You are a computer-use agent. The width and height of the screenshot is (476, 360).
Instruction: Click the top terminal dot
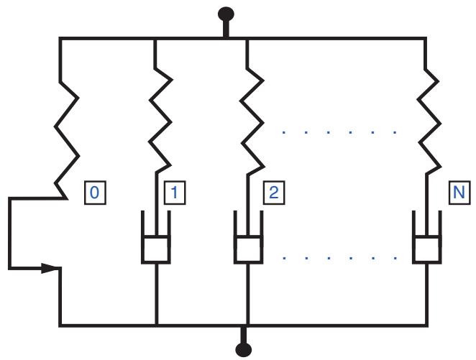click(x=226, y=14)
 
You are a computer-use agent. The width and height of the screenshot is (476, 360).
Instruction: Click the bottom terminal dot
click(x=244, y=349)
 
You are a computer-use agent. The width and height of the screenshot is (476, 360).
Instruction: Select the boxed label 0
click(x=95, y=193)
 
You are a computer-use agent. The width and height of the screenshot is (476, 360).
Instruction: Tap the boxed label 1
click(x=175, y=193)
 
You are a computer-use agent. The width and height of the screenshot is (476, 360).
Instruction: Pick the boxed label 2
click(x=273, y=193)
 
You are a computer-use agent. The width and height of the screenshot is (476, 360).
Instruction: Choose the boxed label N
click(x=459, y=193)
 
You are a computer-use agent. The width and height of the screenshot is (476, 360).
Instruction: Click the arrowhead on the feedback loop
click(x=50, y=268)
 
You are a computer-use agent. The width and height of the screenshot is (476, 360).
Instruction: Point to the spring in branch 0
click(x=67, y=139)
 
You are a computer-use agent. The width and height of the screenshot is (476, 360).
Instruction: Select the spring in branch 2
click(x=252, y=121)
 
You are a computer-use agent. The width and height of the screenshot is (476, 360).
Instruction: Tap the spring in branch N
click(x=429, y=121)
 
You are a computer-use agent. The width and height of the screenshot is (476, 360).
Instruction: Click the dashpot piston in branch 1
click(x=156, y=249)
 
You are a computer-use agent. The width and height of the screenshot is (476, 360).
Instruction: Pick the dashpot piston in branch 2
click(x=248, y=249)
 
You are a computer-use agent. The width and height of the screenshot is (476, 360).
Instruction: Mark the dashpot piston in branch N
click(x=427, y=249)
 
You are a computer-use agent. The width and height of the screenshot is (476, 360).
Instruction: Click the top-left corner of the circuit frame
click(x=60, y=39)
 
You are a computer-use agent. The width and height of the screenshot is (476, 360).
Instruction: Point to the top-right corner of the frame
click(x=426, y=39)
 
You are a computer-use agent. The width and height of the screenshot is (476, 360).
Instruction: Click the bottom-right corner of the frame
click(x=427, y=326)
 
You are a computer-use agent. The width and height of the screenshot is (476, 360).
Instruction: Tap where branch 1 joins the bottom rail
click(x=156, y=326)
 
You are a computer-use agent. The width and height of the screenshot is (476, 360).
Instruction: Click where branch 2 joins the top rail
click(x=247, y=39)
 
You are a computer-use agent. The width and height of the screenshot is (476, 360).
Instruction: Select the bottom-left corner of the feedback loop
click(x=10, y=268)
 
